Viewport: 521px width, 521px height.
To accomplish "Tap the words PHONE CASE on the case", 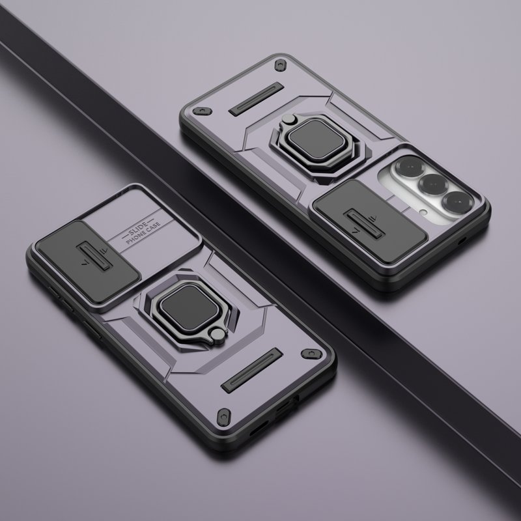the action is pos(143,233).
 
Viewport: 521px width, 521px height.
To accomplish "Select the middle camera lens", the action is pos(432,184).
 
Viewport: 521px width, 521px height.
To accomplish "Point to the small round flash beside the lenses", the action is pos(423,211).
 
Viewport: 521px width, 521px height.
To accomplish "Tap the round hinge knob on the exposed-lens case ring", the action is pos(288,119).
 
